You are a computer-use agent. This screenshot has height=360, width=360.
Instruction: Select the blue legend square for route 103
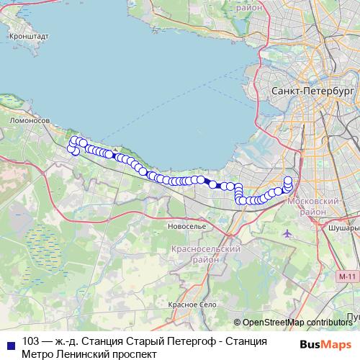(x=9, y=341)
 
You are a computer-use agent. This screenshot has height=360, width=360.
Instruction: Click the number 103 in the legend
(x=31, y=341)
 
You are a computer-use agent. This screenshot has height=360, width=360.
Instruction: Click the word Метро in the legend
(x=37, y=354)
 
